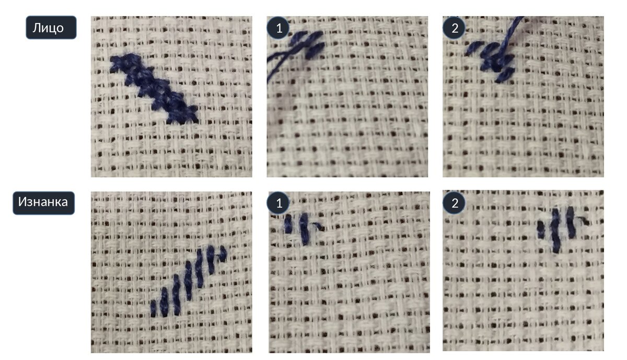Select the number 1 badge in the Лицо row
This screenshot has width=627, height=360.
[278, 28]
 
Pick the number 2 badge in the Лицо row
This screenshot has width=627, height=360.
[454, 28]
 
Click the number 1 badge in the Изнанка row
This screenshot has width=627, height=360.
[278, 203]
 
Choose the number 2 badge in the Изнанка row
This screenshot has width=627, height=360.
[454, 203]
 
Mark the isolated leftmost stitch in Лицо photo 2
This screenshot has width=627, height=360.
[474, 48]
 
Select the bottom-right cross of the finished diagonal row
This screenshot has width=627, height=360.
[182, 115]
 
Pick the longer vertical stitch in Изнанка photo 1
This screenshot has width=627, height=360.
[305, 229]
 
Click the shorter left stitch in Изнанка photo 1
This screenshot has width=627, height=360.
[288, 224]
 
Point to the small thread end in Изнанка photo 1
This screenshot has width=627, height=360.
[319, 226]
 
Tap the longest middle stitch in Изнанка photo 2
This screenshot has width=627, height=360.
[556, 230]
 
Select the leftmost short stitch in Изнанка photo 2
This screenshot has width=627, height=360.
[541, 230]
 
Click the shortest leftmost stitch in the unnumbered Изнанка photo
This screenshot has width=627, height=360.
[153, 308]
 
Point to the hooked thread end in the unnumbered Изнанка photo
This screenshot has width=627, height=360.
[223, 253]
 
